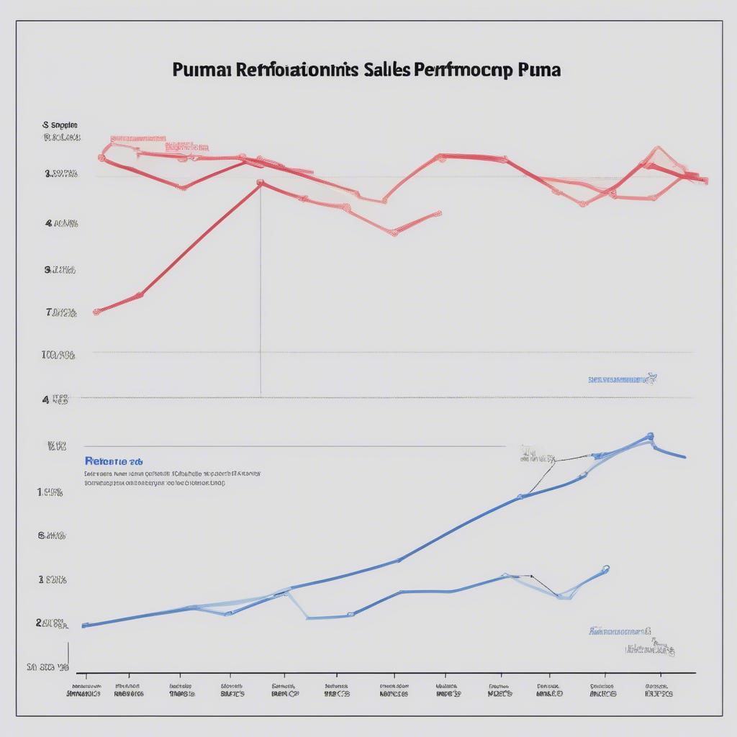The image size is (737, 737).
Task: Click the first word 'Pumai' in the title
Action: point(203,70)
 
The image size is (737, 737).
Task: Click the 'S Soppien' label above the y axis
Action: point(60,125)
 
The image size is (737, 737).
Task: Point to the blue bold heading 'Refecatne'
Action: point(113,461)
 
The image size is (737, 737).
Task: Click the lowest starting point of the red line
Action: point(96,312)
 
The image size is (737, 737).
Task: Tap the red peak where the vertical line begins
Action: point(261,182)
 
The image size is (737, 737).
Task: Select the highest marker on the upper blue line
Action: point(650,435)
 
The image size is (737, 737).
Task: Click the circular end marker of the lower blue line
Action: point(606,568)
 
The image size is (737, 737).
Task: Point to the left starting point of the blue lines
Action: point(85,625)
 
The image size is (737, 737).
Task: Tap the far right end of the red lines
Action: point(706,181)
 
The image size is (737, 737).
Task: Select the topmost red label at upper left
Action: point(137,137)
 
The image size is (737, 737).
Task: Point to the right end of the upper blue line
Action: point(684,456)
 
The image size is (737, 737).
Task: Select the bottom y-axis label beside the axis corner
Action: point(48,667)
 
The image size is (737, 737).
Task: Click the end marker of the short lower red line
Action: point(438,213)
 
